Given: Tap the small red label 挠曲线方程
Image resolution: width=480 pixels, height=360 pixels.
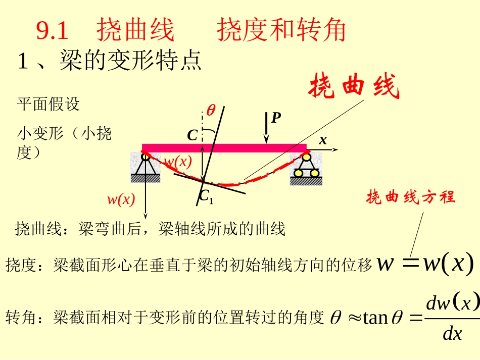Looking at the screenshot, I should [x=411, y=197].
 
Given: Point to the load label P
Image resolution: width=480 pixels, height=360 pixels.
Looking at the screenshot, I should [x=275, y=118].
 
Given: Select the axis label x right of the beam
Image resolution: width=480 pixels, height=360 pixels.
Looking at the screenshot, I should [x=322, y=141].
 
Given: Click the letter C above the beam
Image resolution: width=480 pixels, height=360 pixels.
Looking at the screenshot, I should [x=193, y=135].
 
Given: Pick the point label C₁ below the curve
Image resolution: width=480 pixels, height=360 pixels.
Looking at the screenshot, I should [x=206, y=197].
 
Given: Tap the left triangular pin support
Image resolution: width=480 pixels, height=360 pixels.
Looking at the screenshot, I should [x=146, y=167].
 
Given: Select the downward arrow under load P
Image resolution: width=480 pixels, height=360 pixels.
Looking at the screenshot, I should [x=267, y=128].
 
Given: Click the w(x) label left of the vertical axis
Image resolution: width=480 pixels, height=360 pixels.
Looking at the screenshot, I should [x=121, y=200].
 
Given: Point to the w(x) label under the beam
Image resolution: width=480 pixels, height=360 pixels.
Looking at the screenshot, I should [x=178, y=162].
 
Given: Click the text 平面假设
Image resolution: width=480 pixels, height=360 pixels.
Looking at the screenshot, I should [x=48, y=105].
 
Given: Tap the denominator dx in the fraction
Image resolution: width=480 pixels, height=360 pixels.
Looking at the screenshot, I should [x=452, y=333].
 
